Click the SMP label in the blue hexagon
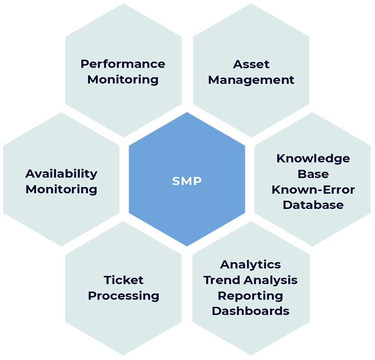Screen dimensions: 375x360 coord(187,181)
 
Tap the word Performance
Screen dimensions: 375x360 coord(123,64)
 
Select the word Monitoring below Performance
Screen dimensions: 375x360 coord(123,80)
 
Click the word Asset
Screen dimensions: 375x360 coord(251,64)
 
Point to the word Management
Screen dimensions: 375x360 coord(251,81)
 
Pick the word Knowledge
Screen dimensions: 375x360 coord(313,159)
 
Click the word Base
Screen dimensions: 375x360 coord(313,174)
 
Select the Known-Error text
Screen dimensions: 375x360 coord(313,190)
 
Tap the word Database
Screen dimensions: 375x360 coord(313,205)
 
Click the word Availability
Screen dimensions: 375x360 coord(61,174)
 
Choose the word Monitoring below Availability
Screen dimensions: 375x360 coord(61,190)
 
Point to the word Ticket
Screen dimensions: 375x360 coord(123,280)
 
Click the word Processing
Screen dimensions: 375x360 coord(123,296)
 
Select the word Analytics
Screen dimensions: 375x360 coord(251,265)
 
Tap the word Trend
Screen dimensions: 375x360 coord(222,280)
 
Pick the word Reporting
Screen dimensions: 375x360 coord(251,296)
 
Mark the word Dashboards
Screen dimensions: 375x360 coord(251,311)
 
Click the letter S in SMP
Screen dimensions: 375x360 coord(176,181)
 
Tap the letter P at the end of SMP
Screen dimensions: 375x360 coord(197,181)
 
